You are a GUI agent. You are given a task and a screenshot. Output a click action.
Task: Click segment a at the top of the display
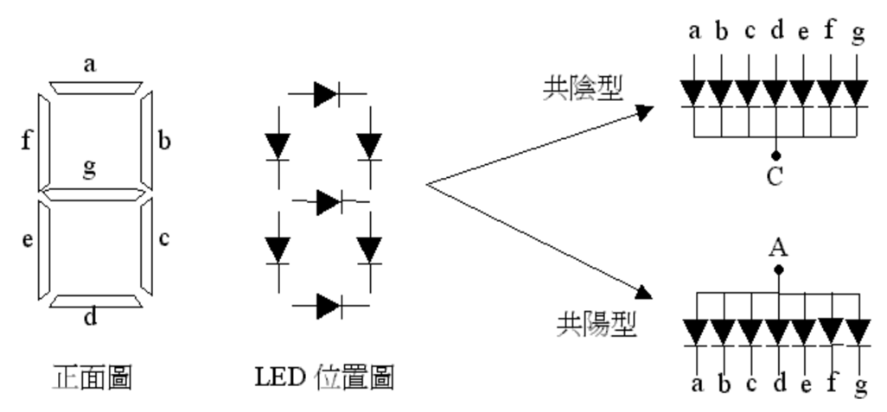coord(96,87)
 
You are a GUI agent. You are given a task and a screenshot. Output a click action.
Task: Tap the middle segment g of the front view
coord(94,194)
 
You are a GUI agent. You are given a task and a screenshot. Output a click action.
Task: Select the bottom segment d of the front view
coord(96,301)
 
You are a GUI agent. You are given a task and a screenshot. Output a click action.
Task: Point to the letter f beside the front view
coord(26,139)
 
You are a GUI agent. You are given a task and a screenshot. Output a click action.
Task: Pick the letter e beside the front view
coord(27,240)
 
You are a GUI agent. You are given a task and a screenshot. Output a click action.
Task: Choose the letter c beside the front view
coord(164,239)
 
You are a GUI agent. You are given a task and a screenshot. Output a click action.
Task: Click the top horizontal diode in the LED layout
coord(327,94)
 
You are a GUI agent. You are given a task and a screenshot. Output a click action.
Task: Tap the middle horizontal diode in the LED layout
coord(329,202)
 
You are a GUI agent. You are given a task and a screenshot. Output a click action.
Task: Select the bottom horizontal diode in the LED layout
coord(329,307)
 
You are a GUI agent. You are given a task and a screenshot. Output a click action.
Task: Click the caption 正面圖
coord(93,377)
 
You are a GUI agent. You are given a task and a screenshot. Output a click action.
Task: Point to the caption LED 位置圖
coord(325,377)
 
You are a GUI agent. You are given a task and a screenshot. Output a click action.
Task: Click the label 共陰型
coord(583,89)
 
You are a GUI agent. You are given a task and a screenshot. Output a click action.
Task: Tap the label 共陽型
coord(597,325)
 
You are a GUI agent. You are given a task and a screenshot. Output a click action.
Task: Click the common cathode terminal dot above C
coord(776,155)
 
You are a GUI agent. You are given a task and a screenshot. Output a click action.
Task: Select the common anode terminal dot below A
coord(779,269)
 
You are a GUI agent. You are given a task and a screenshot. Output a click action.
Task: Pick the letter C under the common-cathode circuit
coord(775,177)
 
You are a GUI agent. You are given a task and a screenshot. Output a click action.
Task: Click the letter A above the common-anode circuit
coord(778,248)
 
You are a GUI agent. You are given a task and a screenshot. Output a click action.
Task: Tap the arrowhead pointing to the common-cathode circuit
coord(644,112)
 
